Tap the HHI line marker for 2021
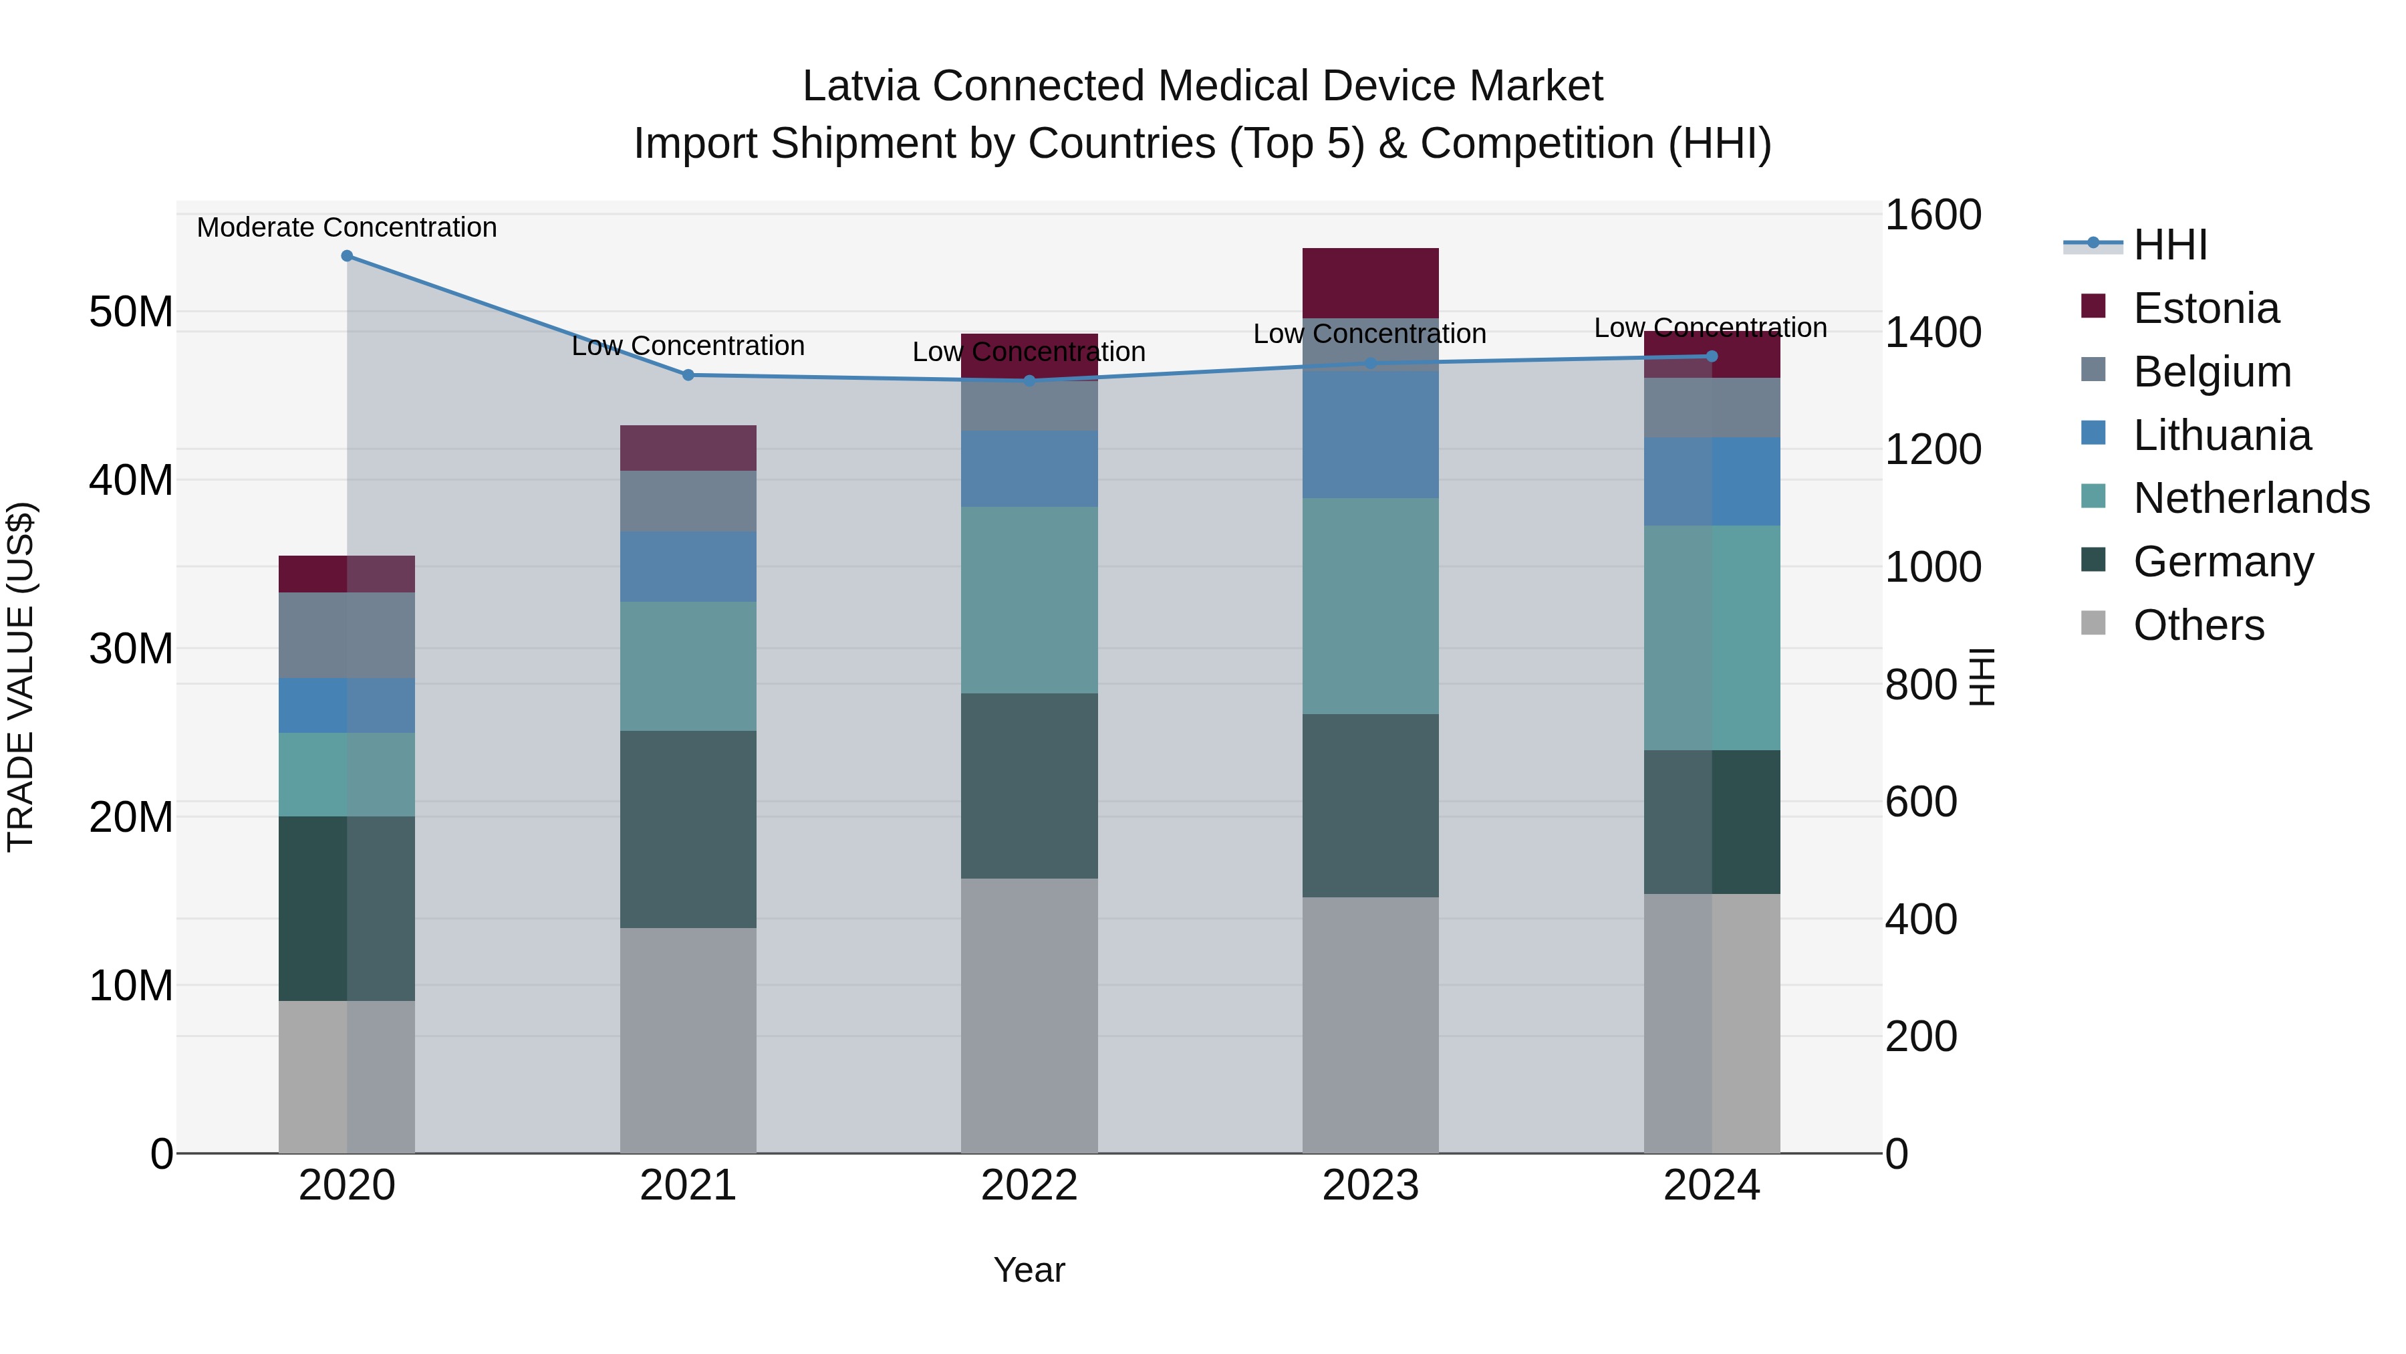coord(688,374)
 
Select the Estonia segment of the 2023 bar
coord(1370,283)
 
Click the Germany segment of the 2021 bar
coord(688,829)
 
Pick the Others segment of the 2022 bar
coord(1029,1015)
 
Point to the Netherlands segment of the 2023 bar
coord(1370,606)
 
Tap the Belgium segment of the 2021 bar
coord(688,501)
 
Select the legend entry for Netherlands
coord(2251,498)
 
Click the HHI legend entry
coord(2169,245)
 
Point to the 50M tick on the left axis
coord(131,312)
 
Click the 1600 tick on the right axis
coord(1932,215)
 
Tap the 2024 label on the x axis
coord(1711,1186)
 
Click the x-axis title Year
coord(1029,1270)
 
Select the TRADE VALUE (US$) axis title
coord(21,677)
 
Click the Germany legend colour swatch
coord(2094,561)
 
